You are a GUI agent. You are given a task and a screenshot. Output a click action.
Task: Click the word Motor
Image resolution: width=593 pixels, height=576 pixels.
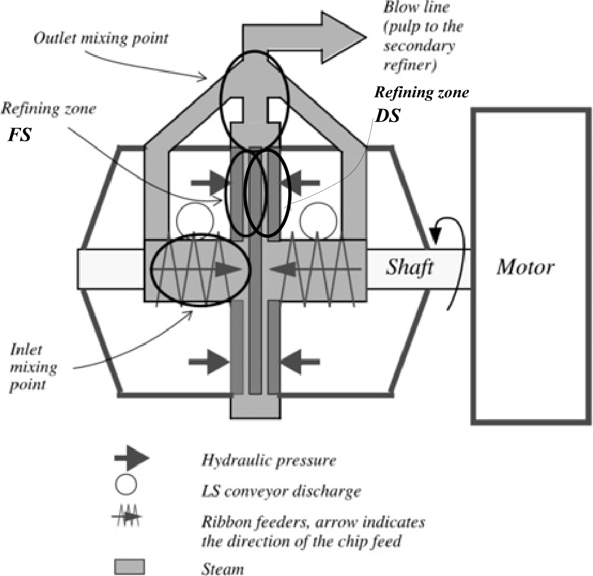click(x=526, y=268)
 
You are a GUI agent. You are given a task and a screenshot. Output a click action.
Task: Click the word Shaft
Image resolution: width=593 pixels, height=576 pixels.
click(x=410, y=268)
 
